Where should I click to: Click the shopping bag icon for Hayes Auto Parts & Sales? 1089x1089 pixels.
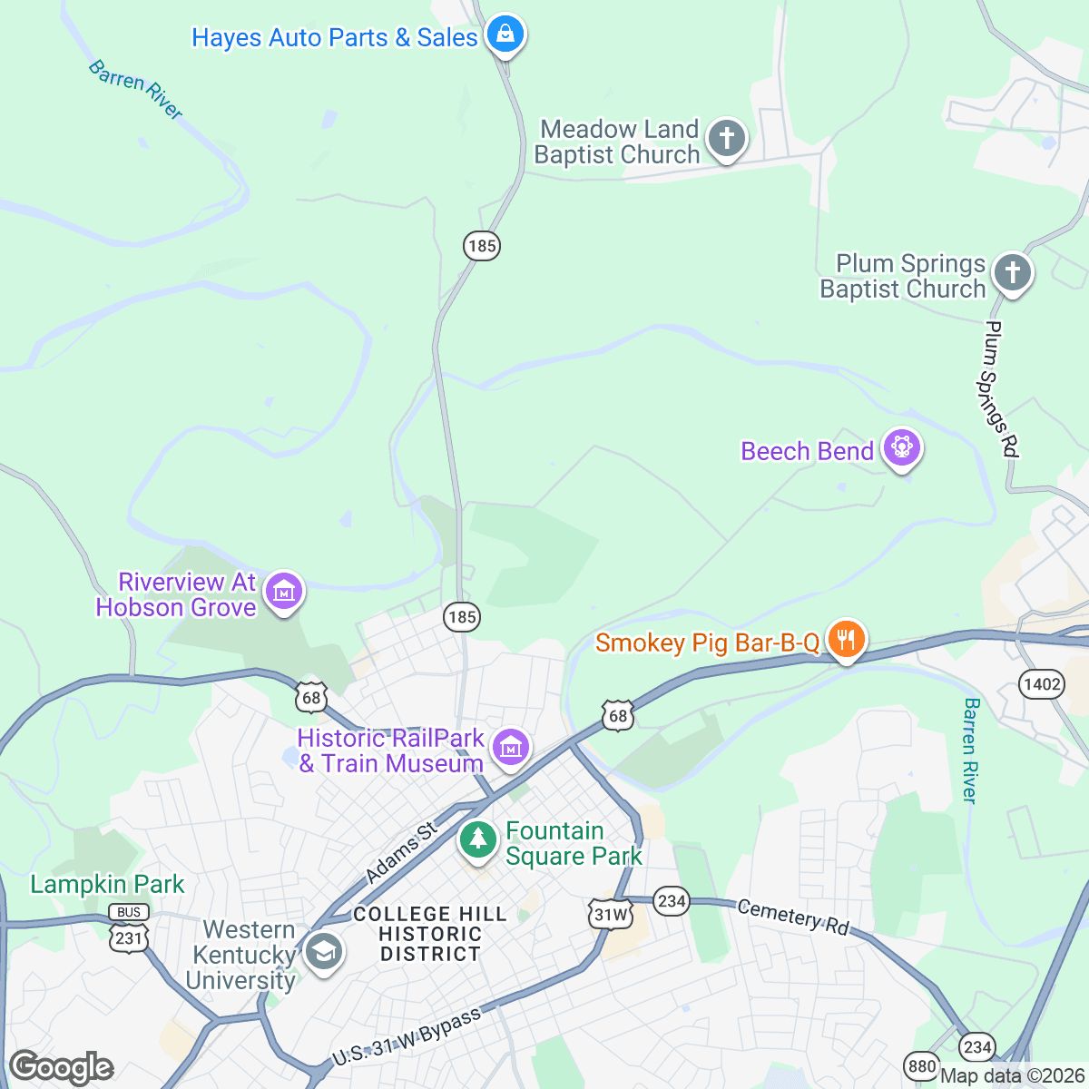[x=505, y=35]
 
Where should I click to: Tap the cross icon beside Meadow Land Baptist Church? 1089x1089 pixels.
[x=726, y=139]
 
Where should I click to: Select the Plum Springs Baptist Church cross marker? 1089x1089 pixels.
[x=1012, y=272]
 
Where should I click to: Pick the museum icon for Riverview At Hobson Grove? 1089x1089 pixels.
[x=284, y=592]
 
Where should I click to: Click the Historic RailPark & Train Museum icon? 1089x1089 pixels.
[x=511, y=748]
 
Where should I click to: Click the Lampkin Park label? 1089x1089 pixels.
[x=107, y=884]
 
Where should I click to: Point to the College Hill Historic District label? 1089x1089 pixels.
[x=430, y=934]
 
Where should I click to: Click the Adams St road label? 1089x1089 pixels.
[x=400, y=853]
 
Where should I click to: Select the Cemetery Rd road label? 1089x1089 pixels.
[x=792, y=917]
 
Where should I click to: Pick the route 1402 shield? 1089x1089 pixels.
[x=1041, y=683]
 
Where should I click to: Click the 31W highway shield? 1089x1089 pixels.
[x=610, y=914]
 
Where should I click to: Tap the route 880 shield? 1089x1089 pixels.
[x=921, y=1065]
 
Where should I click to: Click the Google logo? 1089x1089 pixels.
[x=62, y=1067]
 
